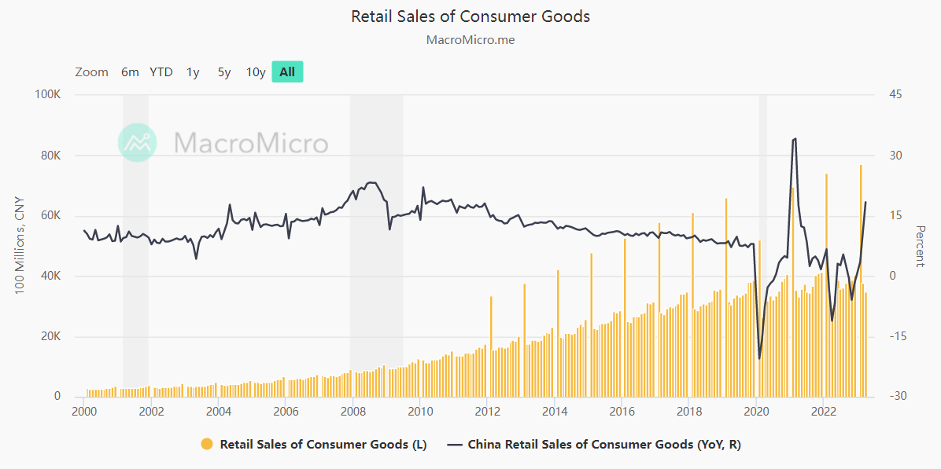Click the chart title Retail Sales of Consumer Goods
click(x=470, y=16)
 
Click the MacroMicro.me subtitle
click(x=470, y=39)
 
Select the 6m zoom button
click(x=130, y=72)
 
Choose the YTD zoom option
click(x=161, y=72)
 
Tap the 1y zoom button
click(x=193, y=72)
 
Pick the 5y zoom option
click(x=224, y=72)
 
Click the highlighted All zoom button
click(x=287, y=72)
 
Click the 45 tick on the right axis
click(x=895, y=95)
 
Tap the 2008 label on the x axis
click(x=352, y=411)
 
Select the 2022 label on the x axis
click(x=823, y=411)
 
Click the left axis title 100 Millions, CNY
click(x=20, y=245)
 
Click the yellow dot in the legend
click(x=207, y=445)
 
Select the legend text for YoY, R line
click(x=604, y=445)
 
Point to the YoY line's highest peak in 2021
click(x=795, y=139)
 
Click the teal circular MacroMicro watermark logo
click(x=138, y=143)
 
